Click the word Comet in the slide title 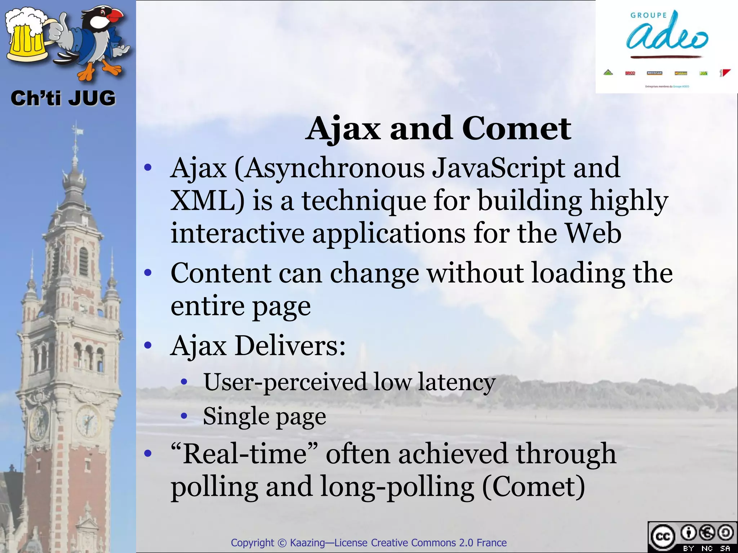[x=516, y=129]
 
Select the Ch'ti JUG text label [x=63, y=98]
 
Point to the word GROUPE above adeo [x=649, y=15]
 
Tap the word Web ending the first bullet [x=593, y=233]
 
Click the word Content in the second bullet [x=221, y=273]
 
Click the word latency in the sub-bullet [x=457, y=382]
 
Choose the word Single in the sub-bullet [x=236, y=416]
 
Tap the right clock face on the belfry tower [x=88, y=421]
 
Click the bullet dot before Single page [x=184, y=417]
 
